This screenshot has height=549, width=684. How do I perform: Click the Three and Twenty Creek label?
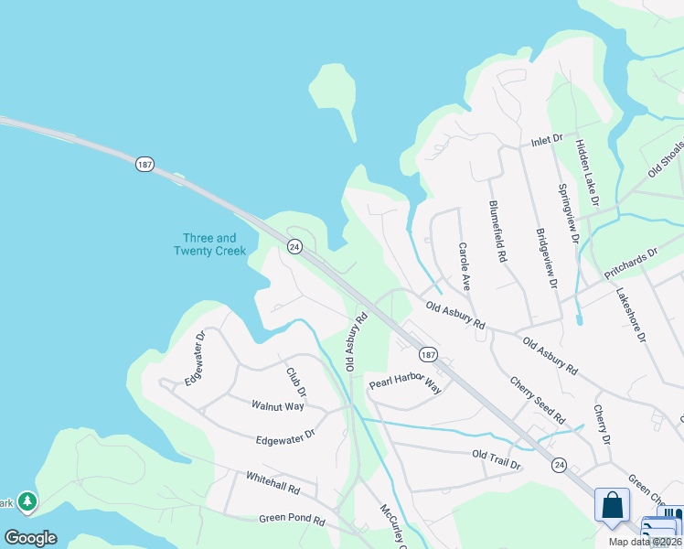point(209,244)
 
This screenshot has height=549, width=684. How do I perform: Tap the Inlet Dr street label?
point(547,143)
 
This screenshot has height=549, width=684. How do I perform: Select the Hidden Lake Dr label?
point(586,171)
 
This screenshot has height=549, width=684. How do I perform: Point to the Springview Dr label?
point(569,214)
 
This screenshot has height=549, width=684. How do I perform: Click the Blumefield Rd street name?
point(497,231)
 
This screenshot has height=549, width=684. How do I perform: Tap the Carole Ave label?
point(464,266)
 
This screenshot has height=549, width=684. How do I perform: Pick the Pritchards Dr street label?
point(631,264)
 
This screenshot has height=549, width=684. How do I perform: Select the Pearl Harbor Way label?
point(405,382)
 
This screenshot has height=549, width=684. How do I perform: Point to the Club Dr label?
point(295,382)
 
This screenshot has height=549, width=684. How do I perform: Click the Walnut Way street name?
point(278,405)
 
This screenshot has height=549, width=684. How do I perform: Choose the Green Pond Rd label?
point(292,519)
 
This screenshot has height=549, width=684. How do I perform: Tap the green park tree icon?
point(28,501)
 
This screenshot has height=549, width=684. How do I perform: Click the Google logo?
point(30,538)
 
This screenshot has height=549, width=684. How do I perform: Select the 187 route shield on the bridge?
point(144,164)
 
